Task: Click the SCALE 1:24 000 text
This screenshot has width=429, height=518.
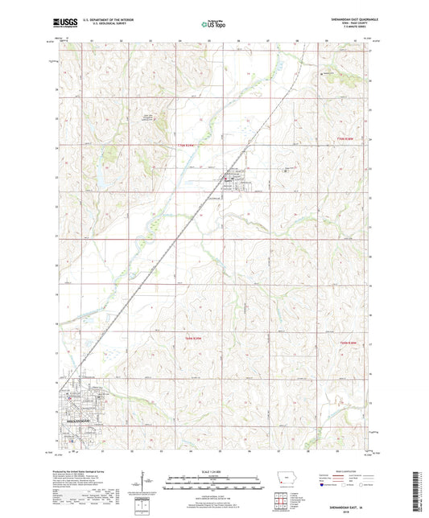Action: [x=214, y=470]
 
